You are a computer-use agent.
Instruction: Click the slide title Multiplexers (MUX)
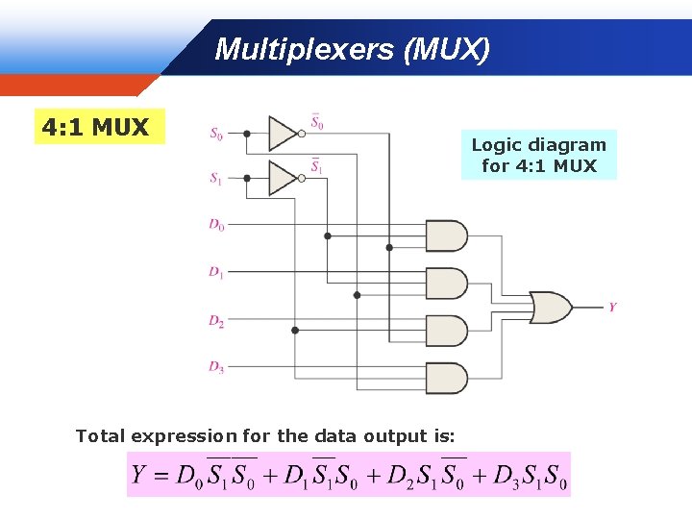tap(352, 49)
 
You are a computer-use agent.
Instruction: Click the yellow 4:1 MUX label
tap(95, 127)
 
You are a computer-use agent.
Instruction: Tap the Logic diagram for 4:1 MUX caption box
tap(538, 156)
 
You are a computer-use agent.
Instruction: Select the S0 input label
tap(216, 134)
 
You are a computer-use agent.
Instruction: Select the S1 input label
tap(216, 178)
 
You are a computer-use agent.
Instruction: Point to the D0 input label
tap(216, 225)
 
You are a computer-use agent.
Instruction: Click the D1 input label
tap(216, 273)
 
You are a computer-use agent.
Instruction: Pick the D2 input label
tap(216, 321)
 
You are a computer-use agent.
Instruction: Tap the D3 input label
tap(216, 366)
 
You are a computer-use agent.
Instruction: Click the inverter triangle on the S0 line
tap(283, 134)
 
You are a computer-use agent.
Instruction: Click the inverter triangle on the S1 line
tap(283, 178)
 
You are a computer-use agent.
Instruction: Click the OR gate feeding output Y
tap(551, 307)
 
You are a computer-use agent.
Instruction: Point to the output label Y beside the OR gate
tap(612, 308)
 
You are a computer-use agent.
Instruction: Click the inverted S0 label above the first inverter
tap(317, 122)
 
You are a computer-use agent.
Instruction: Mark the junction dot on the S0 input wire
tap(247, 134)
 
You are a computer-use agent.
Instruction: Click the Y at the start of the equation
tap(139, 475)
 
